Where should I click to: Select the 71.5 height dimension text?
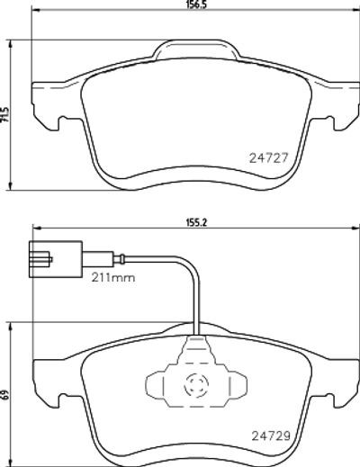pyautogui.click(x=5, y=114)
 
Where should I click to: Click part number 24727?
pyautogui.click(x=268, y=157)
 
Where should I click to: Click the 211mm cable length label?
pyautogui.click(x=113, y=278)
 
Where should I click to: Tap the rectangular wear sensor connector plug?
pyautogui.click(x=55, y=259)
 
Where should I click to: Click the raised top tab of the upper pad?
pyautogui.click(x=196, y=49)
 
